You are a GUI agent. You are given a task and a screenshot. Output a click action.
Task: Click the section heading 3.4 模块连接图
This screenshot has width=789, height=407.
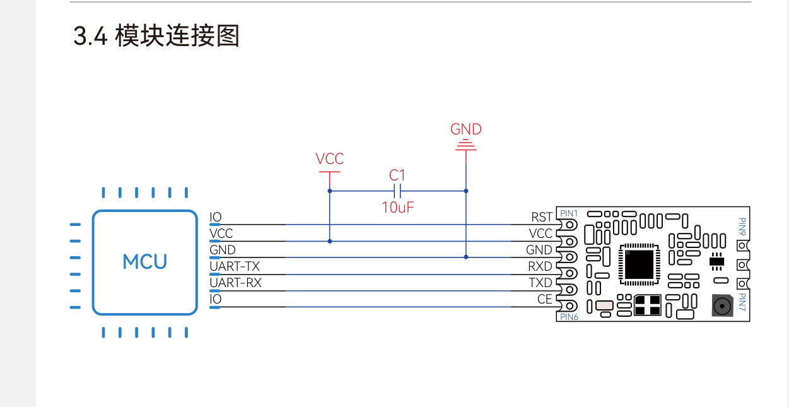pos(156,37)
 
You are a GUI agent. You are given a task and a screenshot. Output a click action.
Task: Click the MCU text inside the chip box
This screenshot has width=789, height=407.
pos(145,262)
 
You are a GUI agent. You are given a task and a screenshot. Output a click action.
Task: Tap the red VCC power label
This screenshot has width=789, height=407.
pos(329,158)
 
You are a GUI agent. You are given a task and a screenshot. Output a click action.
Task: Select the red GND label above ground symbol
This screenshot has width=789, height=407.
pos(465,129)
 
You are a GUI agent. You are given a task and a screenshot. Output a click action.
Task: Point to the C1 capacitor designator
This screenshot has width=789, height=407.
pos(397,175)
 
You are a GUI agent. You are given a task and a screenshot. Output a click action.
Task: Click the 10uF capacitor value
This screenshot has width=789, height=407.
pos(397,207)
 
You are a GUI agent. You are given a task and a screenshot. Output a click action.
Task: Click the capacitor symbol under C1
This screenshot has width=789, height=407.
pos(397,191)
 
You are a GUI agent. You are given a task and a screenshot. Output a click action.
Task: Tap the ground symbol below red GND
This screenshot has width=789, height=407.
pos(466,146)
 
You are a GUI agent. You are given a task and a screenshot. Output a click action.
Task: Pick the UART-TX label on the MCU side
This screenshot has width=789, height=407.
pos(234,266)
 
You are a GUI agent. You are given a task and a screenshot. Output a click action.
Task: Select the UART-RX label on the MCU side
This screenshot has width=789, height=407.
pos(235,283)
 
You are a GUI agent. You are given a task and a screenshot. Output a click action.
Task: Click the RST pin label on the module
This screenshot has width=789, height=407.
pos(542,218)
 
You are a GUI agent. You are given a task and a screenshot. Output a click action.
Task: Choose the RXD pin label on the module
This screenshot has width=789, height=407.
pos(541,266)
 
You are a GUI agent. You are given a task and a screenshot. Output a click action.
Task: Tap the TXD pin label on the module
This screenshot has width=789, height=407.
pos(541,283)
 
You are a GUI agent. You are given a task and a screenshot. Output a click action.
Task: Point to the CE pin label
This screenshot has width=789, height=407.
pos(545,299)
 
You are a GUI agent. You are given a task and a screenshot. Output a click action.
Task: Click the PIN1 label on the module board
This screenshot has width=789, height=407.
pos(569,213)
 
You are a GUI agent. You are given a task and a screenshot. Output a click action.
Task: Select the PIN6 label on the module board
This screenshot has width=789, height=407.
pos(569,317)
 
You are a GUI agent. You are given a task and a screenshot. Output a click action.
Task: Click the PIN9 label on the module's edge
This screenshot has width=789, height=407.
pos(742,227)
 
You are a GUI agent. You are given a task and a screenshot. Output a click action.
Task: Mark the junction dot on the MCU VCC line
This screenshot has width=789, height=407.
pos(329,240)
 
